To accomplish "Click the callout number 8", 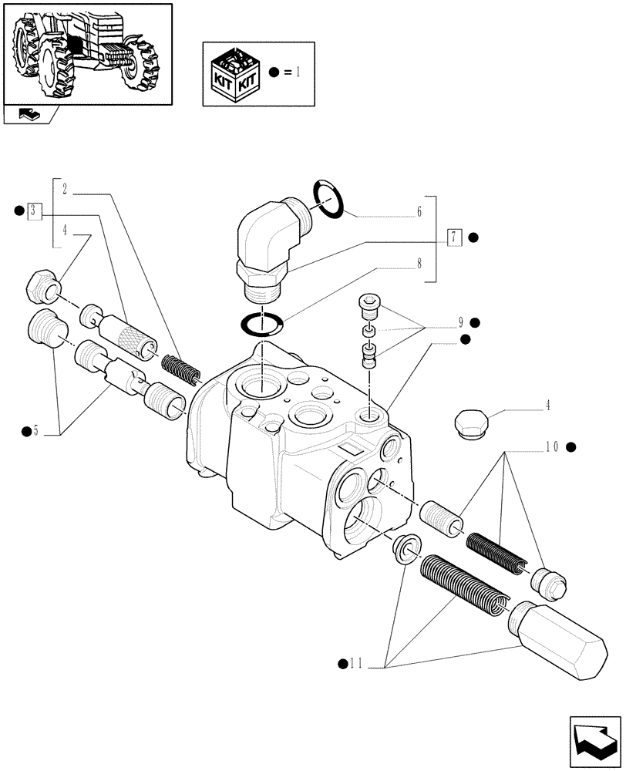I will pos(421,263).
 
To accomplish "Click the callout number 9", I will pos(459,322).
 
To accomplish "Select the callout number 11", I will pos(355,662).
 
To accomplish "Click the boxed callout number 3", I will pos(34,210).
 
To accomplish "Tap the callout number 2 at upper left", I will pos(65,188).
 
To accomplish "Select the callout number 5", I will pos(35,430).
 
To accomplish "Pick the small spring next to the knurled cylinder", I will pos(183,369).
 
